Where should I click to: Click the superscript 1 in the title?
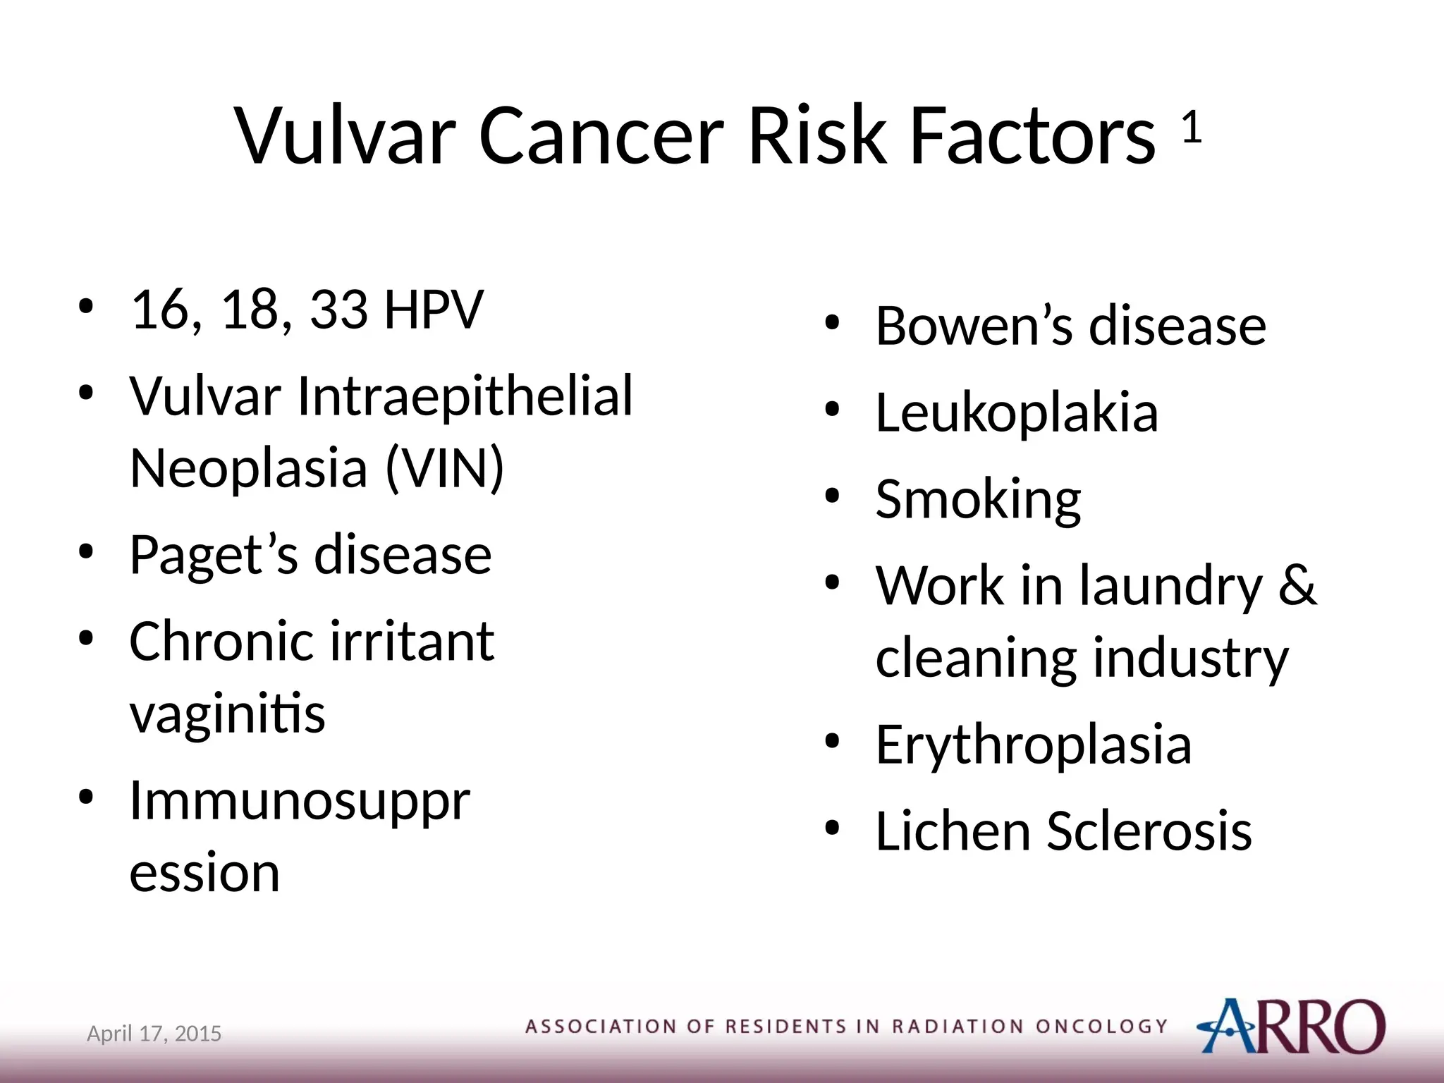pos(1191,128)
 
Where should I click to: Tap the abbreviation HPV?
pos(434,310)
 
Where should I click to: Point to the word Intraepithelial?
pos(465,396)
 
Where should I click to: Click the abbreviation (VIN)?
pos(445,467)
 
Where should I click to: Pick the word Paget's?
pos(214,556)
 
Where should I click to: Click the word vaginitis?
pos(227,714)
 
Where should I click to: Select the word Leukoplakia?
pos(1017,412)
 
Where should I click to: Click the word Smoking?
pos(978,499)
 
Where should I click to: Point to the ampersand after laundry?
pos(1297,585)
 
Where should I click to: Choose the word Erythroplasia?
pos(1033,744)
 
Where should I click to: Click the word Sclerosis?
pos(1149,831)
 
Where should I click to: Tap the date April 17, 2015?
pos(154,1034)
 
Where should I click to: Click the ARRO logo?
pos(1290,1026)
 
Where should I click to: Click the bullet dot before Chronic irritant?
pos(86,639)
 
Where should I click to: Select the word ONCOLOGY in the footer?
pos(1101,1027)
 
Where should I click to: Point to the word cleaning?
pos(977,658)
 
